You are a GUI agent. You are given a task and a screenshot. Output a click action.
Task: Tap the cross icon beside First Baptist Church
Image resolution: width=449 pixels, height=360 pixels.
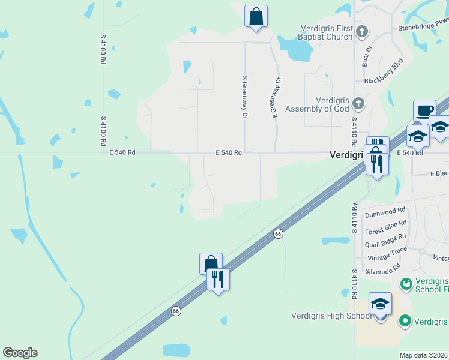[x=361, y=31]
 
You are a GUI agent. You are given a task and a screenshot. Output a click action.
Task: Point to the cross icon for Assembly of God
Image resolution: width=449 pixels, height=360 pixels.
[x=358, y=104]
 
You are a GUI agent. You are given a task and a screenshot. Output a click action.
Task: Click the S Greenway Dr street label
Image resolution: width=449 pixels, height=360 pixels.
[x=244, y=97]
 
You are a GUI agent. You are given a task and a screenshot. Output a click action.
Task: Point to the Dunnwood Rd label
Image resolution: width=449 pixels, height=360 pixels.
[x=385, y=212]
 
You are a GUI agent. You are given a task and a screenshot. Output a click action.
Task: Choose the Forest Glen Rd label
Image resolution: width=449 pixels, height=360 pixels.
[x=385, y=230]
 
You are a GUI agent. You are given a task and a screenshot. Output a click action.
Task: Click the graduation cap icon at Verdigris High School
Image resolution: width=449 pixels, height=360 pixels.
[x=381, y=304]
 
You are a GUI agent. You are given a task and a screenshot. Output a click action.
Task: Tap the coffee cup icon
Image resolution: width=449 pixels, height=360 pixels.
[x=424, y=111]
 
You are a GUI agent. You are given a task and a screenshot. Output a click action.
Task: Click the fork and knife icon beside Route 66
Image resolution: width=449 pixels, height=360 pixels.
[x=218, y=279]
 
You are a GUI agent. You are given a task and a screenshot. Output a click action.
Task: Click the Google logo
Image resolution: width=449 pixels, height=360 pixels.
[x=20, y=353]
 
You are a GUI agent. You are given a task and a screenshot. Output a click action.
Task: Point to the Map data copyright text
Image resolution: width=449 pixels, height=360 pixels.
[x=424, y=355]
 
